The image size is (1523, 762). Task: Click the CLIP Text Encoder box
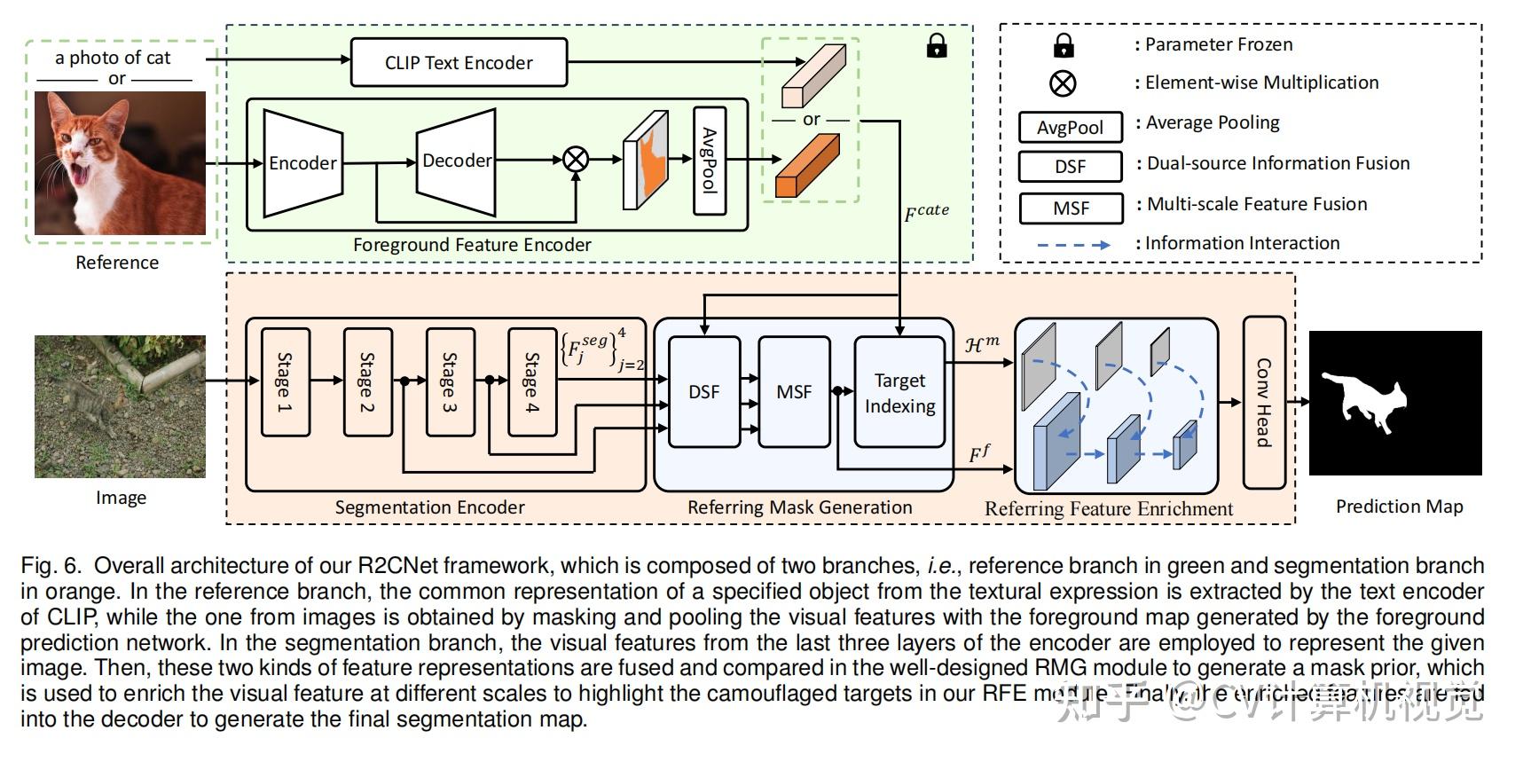[459, 63]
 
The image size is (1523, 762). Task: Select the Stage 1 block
[286, 382]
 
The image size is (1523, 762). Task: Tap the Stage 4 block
[532, 382]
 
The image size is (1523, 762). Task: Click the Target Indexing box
[899, 393]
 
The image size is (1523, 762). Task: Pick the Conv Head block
[1264, 403]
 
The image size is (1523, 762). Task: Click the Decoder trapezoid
[457, 161]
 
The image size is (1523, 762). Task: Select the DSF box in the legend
[1071, 166]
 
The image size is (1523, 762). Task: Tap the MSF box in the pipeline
[794, 392]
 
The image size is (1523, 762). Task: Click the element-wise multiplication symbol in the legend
[1063, 83]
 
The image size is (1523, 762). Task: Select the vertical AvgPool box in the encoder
[710, 161]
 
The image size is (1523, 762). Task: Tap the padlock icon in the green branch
[937, 46]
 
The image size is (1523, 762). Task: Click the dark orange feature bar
[807, 166]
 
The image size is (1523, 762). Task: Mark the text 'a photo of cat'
[113, 59]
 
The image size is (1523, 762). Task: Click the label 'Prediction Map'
[1399, 507]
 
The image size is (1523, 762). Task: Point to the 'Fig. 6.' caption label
[51, 566]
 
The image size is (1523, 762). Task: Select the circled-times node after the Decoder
[577, 160]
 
